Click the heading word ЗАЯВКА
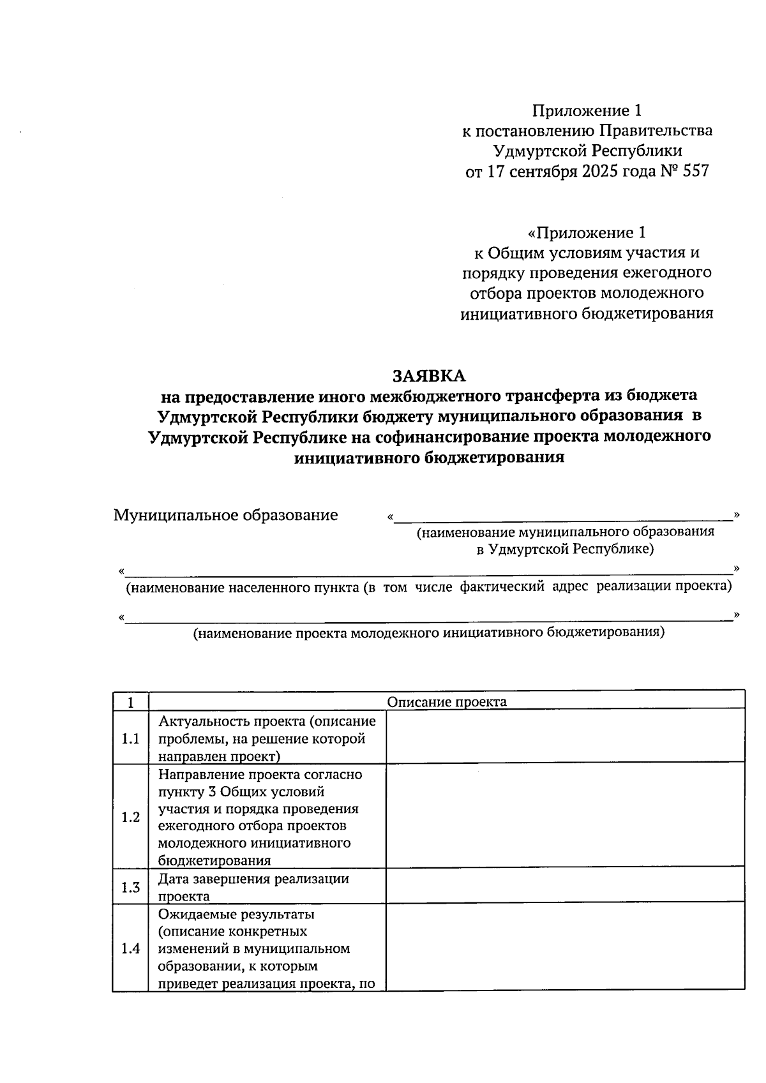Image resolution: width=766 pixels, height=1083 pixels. click(x=428, y=376)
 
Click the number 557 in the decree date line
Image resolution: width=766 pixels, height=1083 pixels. click(x=695, y=172)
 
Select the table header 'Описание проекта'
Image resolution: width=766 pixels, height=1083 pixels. click(x=447, y=702)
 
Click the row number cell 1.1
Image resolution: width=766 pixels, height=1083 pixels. click(x=130, y=739)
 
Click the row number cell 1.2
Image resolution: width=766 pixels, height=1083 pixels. click(x=130, y=817)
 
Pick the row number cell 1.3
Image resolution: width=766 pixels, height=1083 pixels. click(x=130, y=887)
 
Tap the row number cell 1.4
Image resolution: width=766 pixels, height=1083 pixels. click(x=130, y=948)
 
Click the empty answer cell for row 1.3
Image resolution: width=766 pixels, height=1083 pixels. click(x=565, y=886)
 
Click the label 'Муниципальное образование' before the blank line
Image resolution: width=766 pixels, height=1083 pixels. click(x=225, y=515)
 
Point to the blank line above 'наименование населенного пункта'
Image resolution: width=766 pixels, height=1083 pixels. click(x=428, y=571)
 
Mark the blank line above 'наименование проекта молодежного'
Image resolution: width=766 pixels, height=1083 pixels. click(x=428, y=617)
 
